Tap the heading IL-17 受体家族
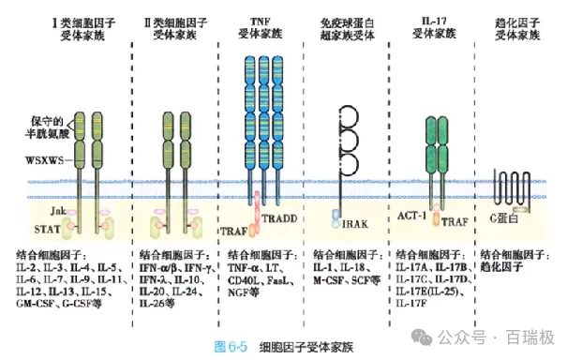[432, 26]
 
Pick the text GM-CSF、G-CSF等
[60, 305]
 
